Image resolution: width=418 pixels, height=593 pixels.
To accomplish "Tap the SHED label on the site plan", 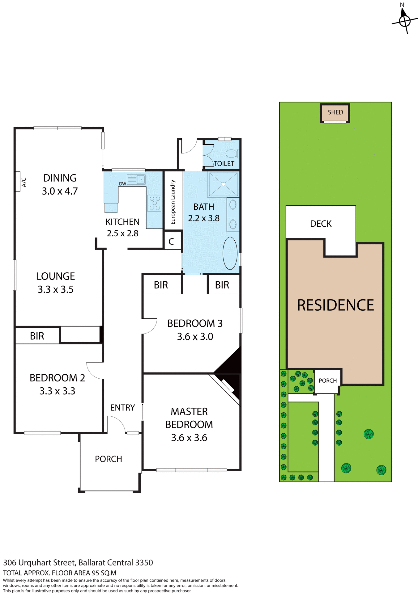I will (335, 112).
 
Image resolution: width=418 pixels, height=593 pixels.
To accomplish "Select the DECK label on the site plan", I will (321, 224).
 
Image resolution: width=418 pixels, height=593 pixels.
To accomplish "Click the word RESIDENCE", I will (335, 305).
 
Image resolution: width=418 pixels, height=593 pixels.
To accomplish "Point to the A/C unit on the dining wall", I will (18, 182).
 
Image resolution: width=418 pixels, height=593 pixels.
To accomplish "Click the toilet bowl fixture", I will (232, 153).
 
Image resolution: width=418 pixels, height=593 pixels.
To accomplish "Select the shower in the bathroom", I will (223, 184).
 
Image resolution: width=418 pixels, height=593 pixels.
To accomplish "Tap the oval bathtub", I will (230, 253).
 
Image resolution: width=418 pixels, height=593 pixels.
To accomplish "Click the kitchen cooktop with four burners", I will (154, 203).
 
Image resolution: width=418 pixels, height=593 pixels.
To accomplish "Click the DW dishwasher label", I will (122, 184).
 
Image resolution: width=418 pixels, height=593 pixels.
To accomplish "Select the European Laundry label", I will (173, 202).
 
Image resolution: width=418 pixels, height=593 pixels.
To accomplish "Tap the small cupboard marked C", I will (171, 241).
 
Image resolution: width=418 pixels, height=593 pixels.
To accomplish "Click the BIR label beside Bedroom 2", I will (37, 336).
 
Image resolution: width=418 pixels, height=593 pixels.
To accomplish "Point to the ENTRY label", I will (122, 408).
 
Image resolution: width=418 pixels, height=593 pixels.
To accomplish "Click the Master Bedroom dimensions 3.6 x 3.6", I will (189, 438).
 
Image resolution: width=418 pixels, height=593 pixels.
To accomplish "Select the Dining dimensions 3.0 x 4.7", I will (60, 191).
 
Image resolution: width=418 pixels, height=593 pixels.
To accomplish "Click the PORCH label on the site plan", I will (328, 381).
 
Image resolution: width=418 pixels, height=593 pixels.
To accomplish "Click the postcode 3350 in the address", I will (144, 562).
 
